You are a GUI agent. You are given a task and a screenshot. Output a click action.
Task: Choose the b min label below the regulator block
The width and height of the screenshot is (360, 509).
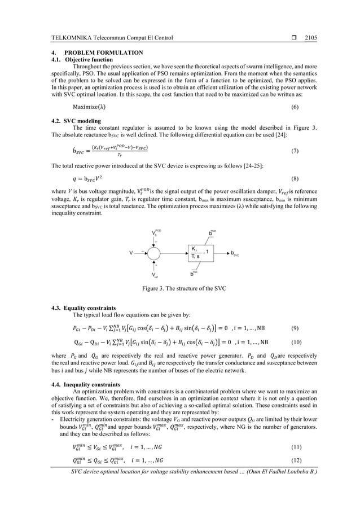(x=194, y=274)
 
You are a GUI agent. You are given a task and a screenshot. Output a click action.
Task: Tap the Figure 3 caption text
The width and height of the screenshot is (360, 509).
(x=179, y=289)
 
